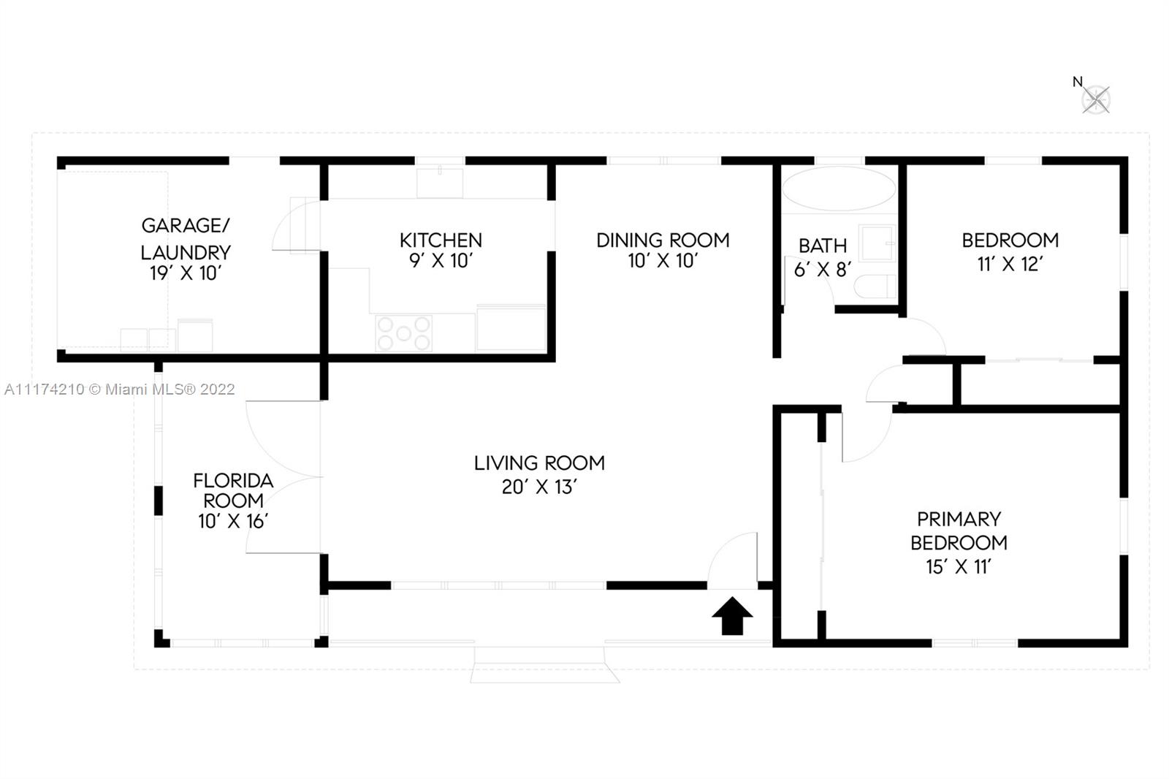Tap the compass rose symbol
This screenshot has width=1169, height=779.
(1095, 99)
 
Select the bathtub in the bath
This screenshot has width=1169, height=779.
(839, 189)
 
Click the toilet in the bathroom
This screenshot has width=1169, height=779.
(875, 286)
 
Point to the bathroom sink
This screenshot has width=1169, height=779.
(877, 243)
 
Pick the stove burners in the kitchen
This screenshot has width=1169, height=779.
(403, 333)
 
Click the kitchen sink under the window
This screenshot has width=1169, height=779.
(439, 183)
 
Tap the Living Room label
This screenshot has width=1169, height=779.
(539, 463)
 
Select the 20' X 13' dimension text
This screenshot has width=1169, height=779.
(539, 487)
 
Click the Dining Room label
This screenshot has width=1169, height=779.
(663, 240)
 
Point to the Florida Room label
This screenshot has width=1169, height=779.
(233, 490)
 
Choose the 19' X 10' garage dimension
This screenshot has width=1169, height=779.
(186, 273)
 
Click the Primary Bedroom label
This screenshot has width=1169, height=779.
(959, 531)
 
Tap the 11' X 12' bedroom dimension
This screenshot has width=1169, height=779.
(1010, 265)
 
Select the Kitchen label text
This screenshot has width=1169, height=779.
(441, 240)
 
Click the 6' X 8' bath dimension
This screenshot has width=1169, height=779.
(823, 270)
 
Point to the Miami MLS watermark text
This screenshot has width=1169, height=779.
(120, 389)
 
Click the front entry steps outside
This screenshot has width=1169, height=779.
(544, 665)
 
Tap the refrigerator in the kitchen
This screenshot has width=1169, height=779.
(511, 328)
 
